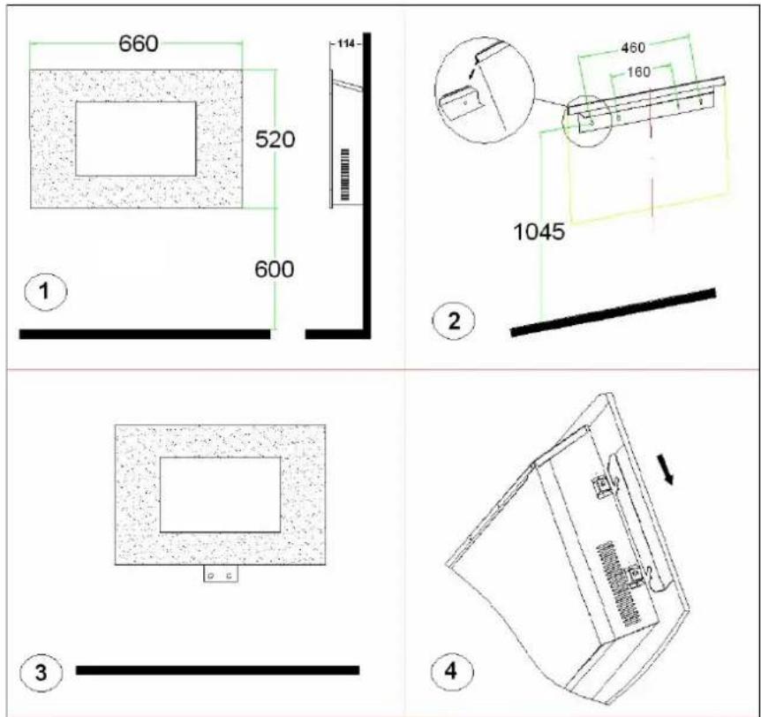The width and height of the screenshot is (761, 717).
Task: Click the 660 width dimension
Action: [x=139, y=43]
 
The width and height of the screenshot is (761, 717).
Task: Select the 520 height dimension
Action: [x=275, y=140]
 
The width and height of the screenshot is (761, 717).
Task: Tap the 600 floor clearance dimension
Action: [x=275, y=269]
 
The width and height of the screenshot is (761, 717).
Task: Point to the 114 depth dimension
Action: [x=346, y=44]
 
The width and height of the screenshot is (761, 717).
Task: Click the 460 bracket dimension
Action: [x=633, y=48]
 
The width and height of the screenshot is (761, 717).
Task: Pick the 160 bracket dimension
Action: [x=638, y=72]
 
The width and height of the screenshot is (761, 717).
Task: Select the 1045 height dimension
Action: [x=539, y=231]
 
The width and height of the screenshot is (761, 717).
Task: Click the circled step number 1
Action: [x=46, y=291]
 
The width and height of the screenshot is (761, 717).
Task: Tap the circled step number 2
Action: [x=454, y=321]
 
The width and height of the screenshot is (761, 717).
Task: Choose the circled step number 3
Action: [x=41, y=673]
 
